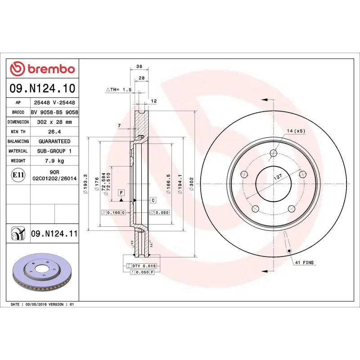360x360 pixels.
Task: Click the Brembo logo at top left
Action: click(x=42, y=69)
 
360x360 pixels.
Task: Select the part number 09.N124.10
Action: click(x=42, y=89)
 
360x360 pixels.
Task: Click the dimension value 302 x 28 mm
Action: click(x=54, y=122)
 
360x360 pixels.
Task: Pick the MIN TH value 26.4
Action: click(x=54, y=132)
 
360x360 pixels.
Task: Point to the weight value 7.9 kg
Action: click(x=54, y=161)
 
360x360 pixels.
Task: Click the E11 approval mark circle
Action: click(x=18, y=175)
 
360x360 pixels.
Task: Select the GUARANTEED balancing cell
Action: click(x=54, y=141)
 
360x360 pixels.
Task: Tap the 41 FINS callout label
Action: click(x=304, y=262)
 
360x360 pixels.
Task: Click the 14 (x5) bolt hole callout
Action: click(x=296, y=131)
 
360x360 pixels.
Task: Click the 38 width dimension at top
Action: click(x=139, y=66)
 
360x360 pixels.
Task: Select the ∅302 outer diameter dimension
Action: click(x=192, y=184)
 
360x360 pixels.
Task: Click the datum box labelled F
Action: click(x=121, y=193)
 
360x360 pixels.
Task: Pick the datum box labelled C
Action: click(x=153, y=200)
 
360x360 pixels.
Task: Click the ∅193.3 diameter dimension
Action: click(x=85, y=184)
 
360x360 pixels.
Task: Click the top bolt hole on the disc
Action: click(x=274, y=153)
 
